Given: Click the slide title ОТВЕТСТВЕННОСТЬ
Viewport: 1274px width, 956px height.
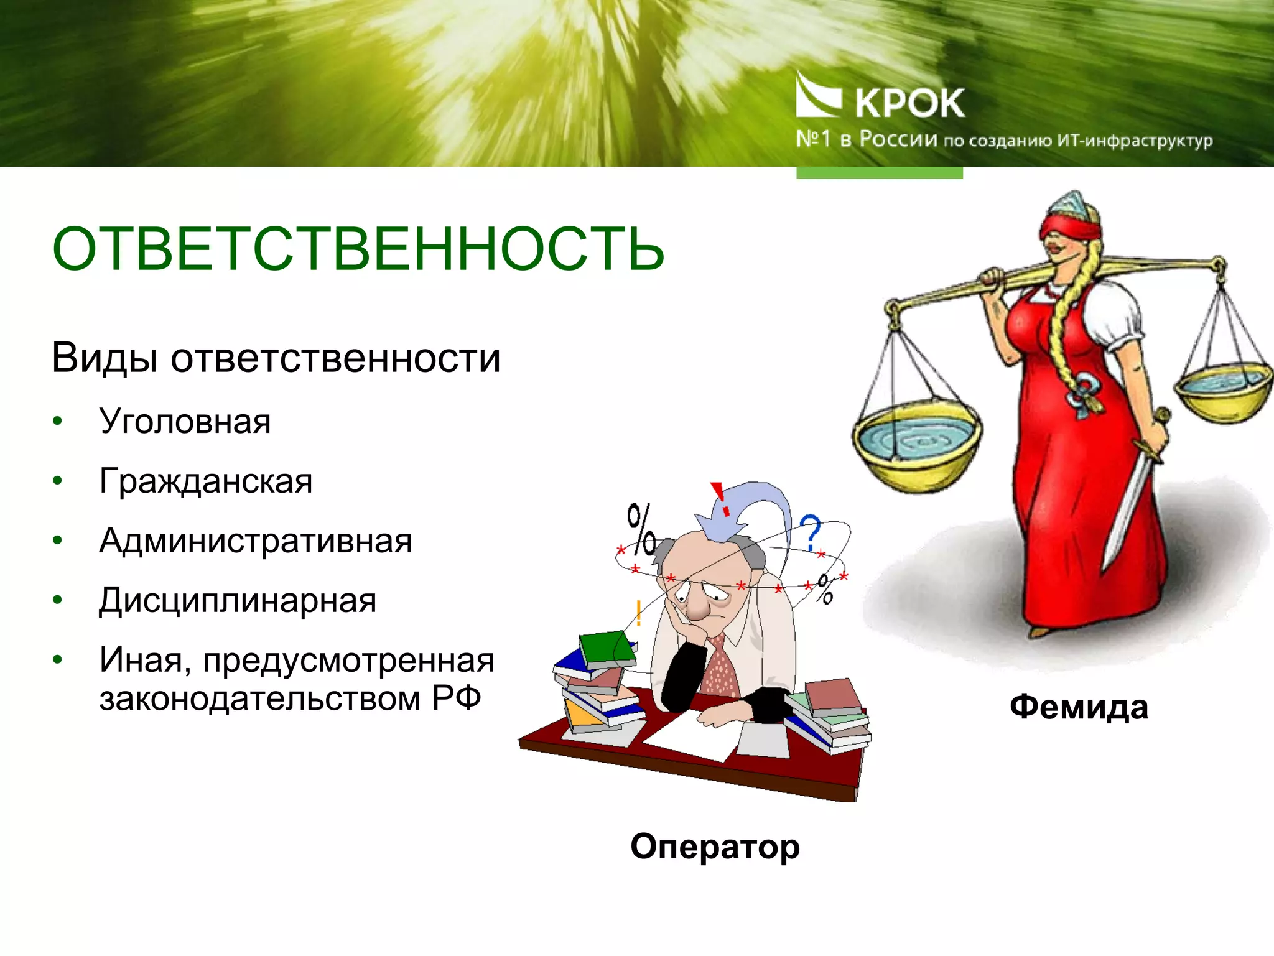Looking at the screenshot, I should [x=358, y=249].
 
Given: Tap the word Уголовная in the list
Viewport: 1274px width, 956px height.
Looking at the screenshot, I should [x=185, y=422].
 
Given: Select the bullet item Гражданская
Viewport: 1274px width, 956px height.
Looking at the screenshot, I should [x=205, y=481].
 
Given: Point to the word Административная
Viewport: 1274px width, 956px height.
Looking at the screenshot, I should [x=255, y=541].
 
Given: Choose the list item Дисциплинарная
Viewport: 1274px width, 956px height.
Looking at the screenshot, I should [x=238, y=600].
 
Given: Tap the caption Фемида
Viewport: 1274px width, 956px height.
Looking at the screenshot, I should [x=1079, y=707].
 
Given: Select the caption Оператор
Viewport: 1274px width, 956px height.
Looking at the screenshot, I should [x=715, y=847].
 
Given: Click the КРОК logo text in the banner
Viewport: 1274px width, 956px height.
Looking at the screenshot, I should [x=909, y=103].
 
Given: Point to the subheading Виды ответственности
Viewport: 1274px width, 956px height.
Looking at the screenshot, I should [x=276, y=358].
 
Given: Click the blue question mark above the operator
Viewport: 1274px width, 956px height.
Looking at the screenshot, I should [x=810, y=532].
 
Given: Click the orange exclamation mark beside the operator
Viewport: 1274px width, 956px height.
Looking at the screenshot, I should [x=638, y=613].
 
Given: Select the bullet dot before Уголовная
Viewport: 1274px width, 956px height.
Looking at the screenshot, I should [x=58, y=422].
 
